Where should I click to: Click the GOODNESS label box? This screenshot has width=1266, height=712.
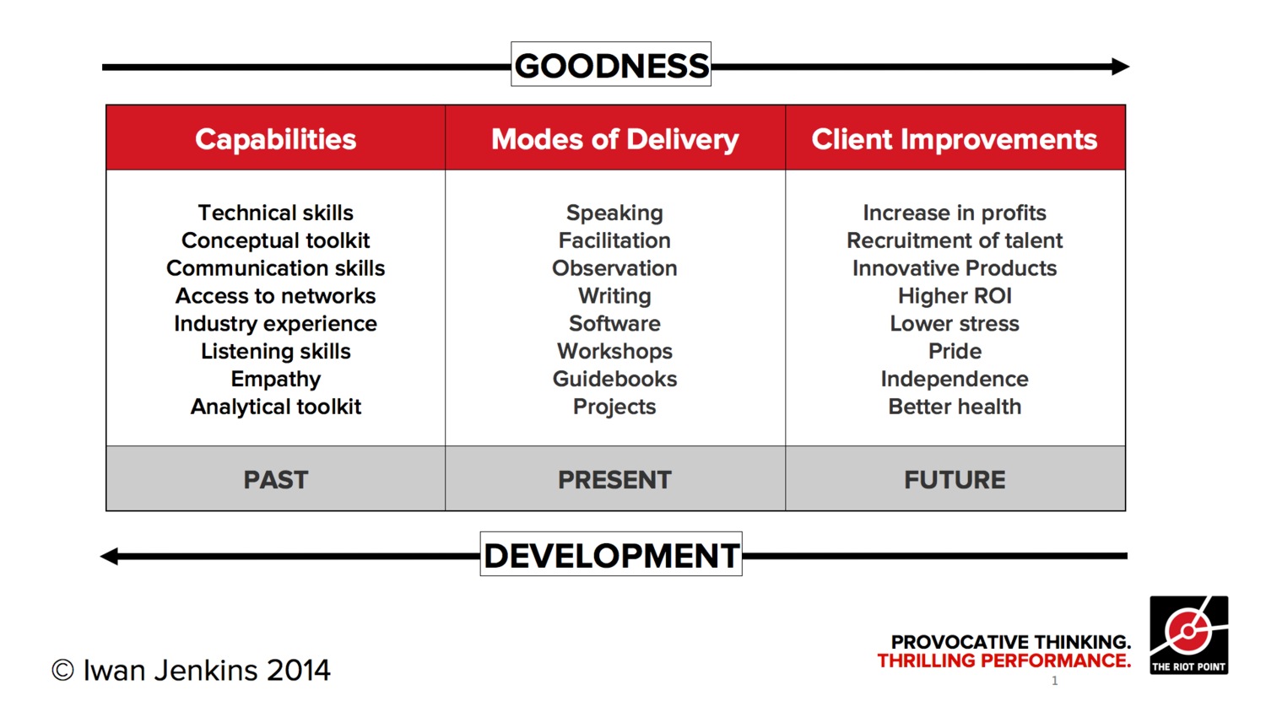tap(611, 64)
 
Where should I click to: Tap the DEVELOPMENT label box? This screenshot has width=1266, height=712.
tap(611, 553)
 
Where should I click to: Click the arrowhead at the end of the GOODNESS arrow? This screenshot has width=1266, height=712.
tap(1120, 66)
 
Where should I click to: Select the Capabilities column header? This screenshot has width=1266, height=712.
tap(276, 139)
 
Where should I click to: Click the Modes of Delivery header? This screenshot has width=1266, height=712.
tap(615, 139)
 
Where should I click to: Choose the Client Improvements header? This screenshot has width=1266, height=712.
tap(955, 139)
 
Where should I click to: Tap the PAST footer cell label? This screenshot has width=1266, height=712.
tap(276, 480)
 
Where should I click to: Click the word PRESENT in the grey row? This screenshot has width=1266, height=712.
tap(615, 480)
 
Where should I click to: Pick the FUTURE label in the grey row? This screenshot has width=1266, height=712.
tap(955, 480)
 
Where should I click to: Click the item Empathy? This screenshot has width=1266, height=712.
tap(276, 379)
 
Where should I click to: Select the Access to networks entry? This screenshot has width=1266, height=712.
tap(276, 295)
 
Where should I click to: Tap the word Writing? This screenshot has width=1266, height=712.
tap(615, 296)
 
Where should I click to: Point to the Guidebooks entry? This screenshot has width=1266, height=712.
tap(615, 379)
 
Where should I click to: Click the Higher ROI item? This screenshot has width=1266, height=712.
tap(955, 295)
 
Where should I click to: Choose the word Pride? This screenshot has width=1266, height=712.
tap(955, 351)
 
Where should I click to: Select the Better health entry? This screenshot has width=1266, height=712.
tap(955, 407)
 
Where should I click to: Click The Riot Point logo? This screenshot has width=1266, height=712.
tap(1189, 635)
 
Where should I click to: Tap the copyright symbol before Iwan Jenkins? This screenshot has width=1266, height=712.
tap(62, 671)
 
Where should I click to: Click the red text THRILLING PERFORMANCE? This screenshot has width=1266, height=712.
tap(1004, 660)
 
